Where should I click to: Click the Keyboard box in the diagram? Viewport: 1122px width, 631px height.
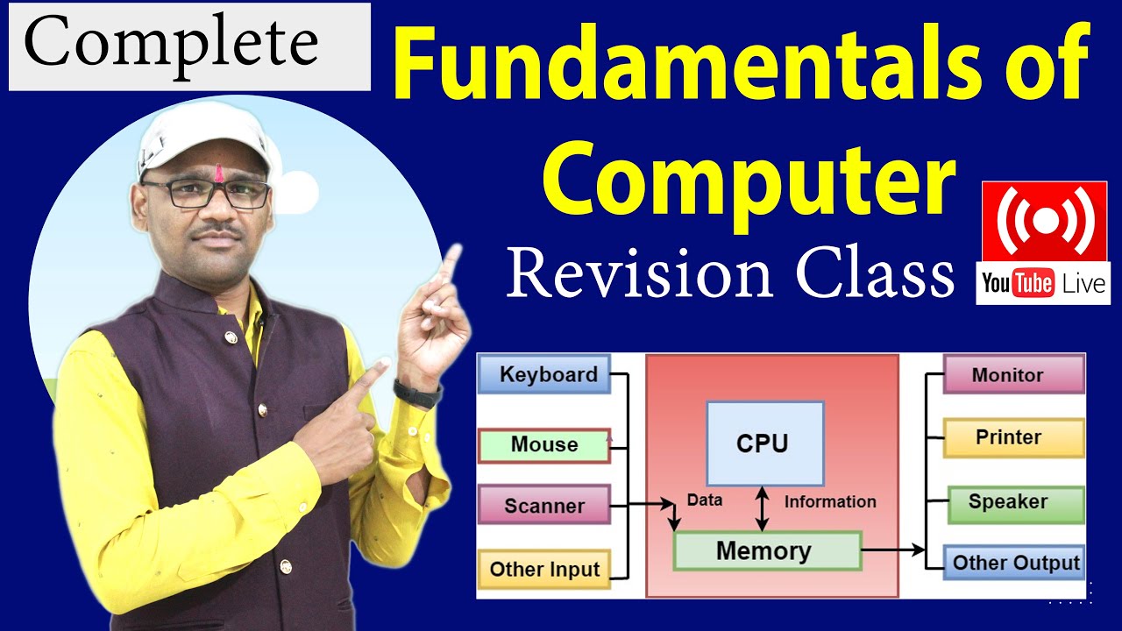pyautogui.click(x=543, y=375)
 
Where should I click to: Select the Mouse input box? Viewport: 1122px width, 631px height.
pyautogui.click(x=543, y=445)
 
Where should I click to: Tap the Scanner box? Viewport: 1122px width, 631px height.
pyautogui.click(x=543, y=506)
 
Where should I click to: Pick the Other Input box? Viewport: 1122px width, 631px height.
pyautogui.click(x=543, y=569)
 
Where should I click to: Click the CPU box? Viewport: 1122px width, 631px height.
pyautogui.click(x=764, y=443)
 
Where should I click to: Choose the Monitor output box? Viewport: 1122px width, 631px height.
pyautogui.click(x=1012, y=375)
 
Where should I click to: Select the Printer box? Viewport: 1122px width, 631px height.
pyautogui.click(x=1012, y=437)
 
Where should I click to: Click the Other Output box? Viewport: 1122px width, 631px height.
pyautogui.click(x=1015, y=563)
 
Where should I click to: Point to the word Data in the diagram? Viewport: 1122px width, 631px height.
pyautogui.click(x=705, y=500)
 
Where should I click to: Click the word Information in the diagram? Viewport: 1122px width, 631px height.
pyautogui.click(x=829, y=502)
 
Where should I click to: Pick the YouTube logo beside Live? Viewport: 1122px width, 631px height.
pyautogui.click(x=1018, y=284)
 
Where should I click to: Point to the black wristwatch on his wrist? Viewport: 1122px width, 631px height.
pyautogui.click(x=417, y=393)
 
